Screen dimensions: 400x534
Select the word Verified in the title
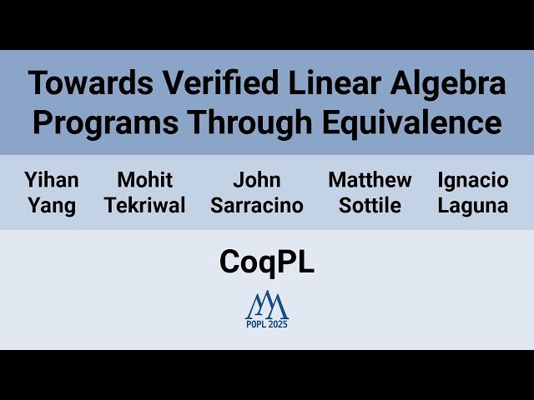pos(195,83)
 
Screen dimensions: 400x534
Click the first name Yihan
pos(52,180)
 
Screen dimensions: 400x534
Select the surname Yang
pos(52,206)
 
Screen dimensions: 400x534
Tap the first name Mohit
pos(145,180)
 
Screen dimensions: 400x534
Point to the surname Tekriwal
pos(145,206)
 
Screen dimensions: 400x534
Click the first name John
pos(257,180)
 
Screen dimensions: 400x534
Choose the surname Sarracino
pos(257,206)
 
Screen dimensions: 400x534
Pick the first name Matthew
pos(370,180)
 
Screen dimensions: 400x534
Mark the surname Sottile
pos(370,206)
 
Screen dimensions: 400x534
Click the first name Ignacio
pos(473,180)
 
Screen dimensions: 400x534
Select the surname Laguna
pos(473,206)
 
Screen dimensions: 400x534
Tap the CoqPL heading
pos(267,262)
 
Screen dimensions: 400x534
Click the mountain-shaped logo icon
pos(267,304)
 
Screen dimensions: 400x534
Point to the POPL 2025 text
pos(267,324)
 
